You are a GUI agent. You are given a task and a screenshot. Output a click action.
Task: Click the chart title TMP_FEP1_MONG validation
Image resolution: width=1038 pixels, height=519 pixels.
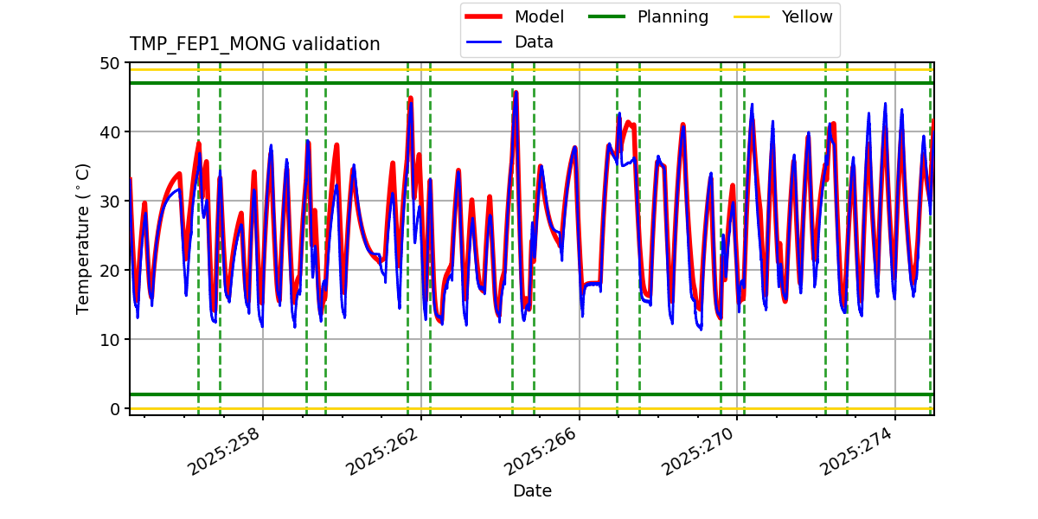254,44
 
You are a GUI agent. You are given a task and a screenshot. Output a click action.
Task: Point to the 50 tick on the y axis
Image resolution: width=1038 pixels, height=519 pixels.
111,63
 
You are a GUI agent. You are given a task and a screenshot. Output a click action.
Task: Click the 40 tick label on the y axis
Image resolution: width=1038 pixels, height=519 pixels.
111,132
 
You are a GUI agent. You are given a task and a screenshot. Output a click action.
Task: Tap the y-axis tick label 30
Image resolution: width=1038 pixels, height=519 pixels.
111,202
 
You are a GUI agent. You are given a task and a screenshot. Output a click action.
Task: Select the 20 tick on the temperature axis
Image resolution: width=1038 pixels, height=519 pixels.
111,271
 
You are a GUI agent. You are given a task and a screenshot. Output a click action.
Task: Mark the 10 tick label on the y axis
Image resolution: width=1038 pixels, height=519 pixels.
111,340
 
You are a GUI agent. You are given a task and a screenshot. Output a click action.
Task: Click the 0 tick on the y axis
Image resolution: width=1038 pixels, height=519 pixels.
115,409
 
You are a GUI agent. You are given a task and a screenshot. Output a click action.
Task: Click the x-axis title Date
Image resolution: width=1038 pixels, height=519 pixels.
532,491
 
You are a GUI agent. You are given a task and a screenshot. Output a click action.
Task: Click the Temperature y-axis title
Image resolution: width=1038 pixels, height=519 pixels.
83,238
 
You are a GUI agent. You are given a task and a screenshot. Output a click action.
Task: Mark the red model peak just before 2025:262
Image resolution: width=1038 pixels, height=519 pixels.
410,99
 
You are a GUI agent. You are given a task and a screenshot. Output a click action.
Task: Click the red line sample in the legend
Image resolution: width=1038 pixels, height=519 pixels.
486,17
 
